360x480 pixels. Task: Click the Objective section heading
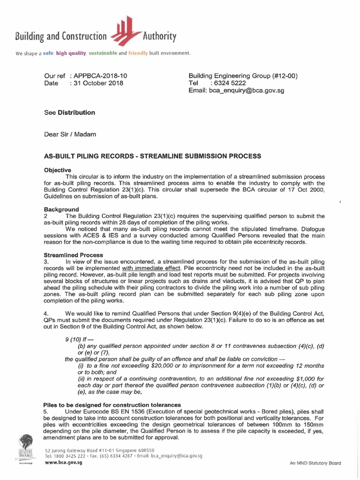(57, 170)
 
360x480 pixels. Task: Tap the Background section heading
(61, 209)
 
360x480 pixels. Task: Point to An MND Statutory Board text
(315, 463)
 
